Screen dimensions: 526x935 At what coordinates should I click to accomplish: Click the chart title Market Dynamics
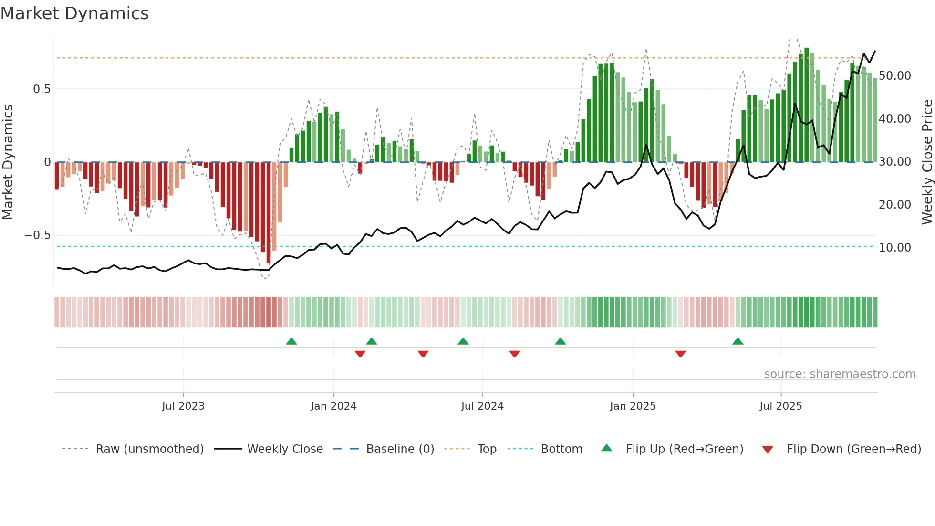(x=74, y=13)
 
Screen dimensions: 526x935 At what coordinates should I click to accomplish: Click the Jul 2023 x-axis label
(x=183, y=406)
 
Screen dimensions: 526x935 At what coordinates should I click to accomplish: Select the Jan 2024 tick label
(x=333, y=406)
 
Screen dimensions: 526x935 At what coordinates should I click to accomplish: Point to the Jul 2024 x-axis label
(x=482, y=406)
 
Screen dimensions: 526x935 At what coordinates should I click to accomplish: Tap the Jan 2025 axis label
(x=633, y=406)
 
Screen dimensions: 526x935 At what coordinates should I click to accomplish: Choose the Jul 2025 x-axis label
(x=780, y=406)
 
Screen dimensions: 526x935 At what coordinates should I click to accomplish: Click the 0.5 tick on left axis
(x=42, y=89)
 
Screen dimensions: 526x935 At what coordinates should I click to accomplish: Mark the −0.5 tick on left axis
(x=37, y=235)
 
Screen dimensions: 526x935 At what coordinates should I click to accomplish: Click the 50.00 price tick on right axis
(x=895, y=76)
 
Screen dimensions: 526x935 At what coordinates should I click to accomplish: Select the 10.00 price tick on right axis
(x=895, y=248)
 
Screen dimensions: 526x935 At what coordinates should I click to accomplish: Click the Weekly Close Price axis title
(x=927, y=162)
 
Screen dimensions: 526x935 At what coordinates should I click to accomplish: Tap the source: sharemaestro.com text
(x=840, y=374)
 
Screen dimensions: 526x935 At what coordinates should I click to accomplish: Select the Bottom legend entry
(x=561, y=449)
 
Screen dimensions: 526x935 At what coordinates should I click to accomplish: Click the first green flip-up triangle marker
(x=291, y=341)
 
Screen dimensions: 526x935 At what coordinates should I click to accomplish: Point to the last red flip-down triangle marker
(x=681, y=354)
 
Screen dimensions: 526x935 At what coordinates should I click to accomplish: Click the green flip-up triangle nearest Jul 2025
(x=738, y=341)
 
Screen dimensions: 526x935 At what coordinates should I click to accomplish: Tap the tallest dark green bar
(x=807, y=105)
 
